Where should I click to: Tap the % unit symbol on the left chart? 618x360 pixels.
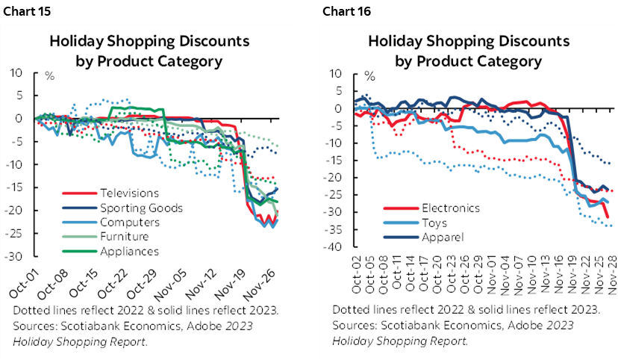coord(49,76)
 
